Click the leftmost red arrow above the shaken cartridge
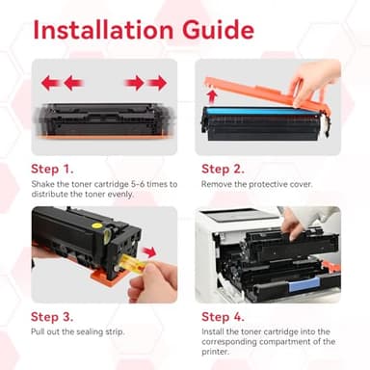pyautogui.click(x=50, y=83)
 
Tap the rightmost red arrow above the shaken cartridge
pyautogui.click(x=157, y=83)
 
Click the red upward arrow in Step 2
pyautogui.click(x=211, y=94)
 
